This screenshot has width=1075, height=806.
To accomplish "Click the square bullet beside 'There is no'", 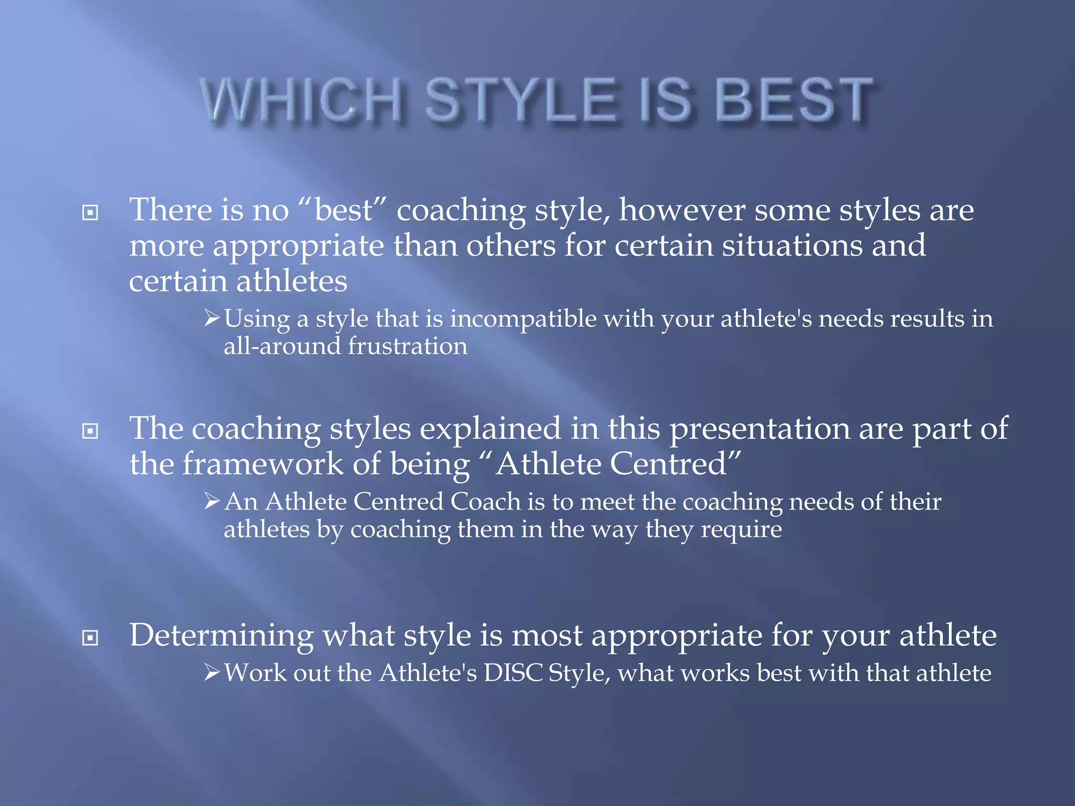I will point(90,213).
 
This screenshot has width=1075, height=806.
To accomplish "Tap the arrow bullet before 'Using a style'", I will point(212,317).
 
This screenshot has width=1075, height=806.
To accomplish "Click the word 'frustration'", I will point(407,346).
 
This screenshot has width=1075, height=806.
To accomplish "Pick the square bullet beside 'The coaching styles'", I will point(90,431).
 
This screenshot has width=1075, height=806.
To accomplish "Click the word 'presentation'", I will point(760,429).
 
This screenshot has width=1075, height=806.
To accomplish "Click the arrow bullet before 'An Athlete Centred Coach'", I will point(212,501).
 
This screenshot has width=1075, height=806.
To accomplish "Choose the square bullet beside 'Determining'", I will point(90,638).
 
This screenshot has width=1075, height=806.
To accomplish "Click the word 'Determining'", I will point(221,635).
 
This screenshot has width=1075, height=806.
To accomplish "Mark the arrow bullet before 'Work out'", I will point(212,672).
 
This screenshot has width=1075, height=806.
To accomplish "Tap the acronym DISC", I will point(512,673).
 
